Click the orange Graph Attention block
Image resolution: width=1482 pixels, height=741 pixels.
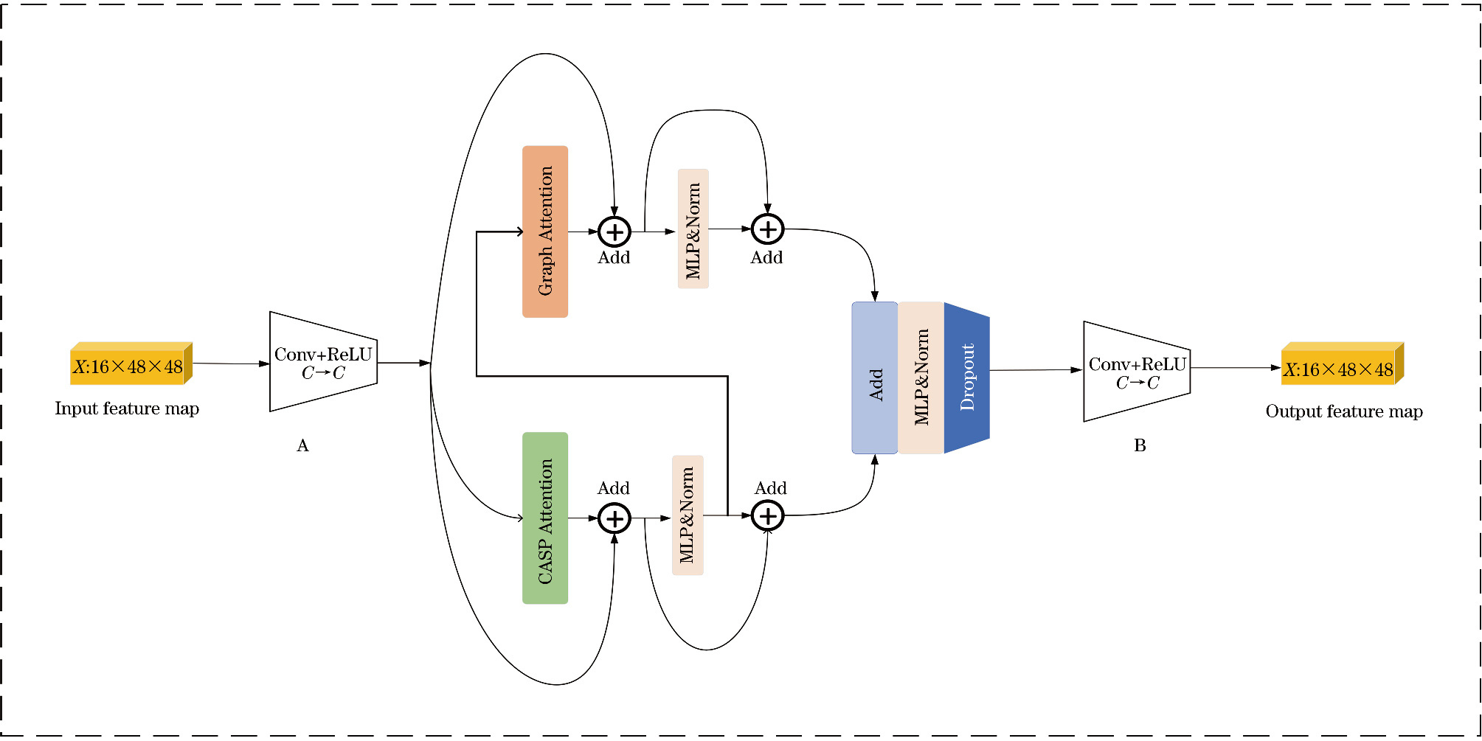coord(545,232)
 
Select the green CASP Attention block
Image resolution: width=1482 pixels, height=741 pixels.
coord(545,518)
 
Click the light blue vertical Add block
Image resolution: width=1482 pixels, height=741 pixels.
coord(875,378)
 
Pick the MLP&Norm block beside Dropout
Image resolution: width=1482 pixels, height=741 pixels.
coord(921,378)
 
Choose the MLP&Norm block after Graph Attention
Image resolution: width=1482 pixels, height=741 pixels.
coord(693,229)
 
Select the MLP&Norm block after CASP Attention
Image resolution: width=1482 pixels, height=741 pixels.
coord(688,515)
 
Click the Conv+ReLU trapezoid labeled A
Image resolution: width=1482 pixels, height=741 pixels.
coord(323,362)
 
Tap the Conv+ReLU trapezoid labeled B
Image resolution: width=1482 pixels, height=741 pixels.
coord(1137,372)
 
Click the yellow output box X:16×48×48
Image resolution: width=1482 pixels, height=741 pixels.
coord(1340,368)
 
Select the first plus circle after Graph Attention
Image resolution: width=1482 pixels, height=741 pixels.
coord(614,232)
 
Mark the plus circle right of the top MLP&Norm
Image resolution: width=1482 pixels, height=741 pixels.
coord(767,229)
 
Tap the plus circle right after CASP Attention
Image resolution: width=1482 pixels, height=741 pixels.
coord(614,518)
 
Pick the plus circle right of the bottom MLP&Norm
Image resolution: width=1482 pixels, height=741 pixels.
coord(767,515)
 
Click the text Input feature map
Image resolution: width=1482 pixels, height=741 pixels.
coord(127,408)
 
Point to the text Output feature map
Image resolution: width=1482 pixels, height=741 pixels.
coord(1344,411)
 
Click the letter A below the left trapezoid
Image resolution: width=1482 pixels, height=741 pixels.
coord(302,445)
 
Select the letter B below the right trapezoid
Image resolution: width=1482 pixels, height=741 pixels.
coord(1140,445)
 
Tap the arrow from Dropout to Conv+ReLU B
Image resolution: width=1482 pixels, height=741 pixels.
coord(1036,370)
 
